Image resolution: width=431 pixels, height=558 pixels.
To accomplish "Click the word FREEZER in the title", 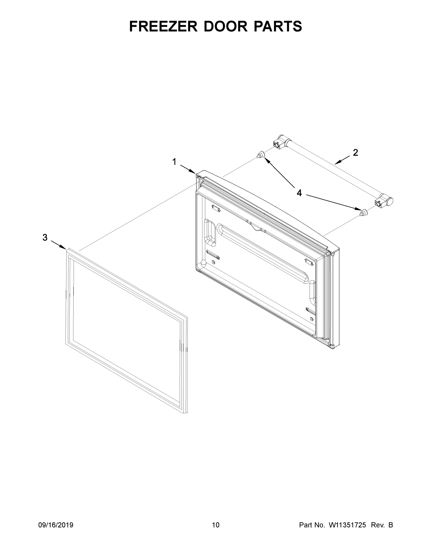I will click(x=163, y=26).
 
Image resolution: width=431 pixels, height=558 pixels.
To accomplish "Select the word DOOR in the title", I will click(x=225, y=26).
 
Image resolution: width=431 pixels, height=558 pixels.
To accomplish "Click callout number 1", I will click(x=174, y=162).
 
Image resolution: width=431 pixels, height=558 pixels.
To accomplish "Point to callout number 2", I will click(x=355, y=153).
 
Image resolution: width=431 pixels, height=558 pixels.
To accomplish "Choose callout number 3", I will click(x=45, y=238).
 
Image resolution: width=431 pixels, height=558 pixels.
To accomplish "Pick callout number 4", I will click(x=299, y=193).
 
